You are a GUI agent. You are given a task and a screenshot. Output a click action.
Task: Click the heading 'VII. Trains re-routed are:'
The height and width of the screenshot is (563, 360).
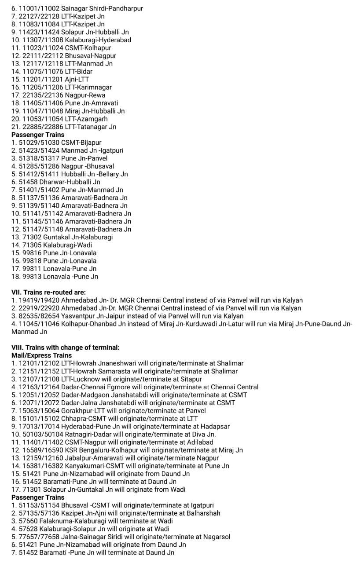click(48, 292)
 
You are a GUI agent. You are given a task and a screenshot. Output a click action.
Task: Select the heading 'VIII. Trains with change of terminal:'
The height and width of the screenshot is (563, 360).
click(65, 347)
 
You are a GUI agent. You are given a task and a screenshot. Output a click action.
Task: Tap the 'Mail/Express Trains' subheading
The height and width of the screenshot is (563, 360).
click(41, 355)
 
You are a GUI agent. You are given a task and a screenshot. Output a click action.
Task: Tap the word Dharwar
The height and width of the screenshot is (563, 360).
click(51, 182)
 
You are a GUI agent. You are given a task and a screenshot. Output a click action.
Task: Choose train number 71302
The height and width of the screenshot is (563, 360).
click(31, 237)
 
